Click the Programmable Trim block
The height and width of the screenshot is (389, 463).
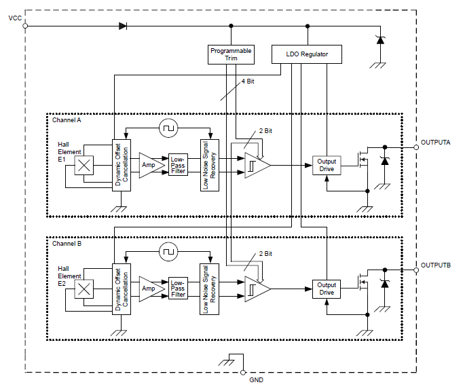pos(231,54)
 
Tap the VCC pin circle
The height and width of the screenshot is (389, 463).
pos(25,26)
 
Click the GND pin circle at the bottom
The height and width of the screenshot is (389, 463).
pos(242,372)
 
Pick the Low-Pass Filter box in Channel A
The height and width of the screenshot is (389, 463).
pos(178,166)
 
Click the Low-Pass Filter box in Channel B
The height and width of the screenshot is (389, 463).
pos(178,289)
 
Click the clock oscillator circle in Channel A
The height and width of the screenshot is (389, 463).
pos(167,128)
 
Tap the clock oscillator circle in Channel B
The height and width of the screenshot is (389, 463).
pos(167,252)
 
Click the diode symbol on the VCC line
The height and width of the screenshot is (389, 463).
pos(123,26)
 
